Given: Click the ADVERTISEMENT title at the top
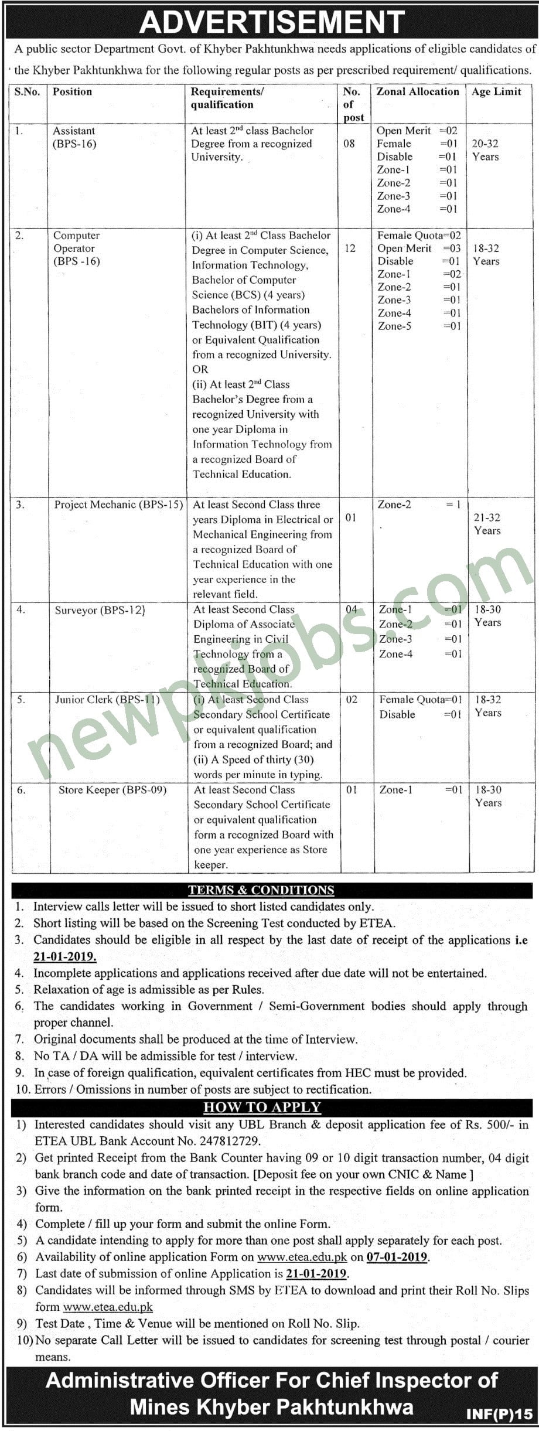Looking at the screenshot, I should (272, 22).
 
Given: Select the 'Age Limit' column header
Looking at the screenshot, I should (496, 91).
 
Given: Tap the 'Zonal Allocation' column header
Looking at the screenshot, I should (418, 91).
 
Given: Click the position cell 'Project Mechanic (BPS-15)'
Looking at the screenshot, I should (119, 505).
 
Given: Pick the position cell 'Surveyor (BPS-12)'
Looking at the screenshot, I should (100, 610).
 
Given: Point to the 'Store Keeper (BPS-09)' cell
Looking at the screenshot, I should (112, 790).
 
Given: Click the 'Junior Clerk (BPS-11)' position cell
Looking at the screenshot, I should (107, 700).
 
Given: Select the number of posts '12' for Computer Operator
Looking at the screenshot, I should (350, 248).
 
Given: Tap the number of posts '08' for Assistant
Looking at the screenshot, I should (349, 144).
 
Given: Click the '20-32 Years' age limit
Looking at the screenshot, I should (486, 150).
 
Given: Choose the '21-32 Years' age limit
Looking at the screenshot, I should (487, 524).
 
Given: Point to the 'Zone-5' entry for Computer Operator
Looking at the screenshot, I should (394, 326).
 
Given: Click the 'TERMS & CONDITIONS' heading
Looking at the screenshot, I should (261, 890).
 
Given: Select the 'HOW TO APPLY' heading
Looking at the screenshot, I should (262, 1107).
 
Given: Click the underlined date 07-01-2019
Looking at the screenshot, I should (397, 1257).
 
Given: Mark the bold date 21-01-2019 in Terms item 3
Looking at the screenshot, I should (65, 956).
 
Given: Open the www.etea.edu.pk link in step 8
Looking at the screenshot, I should (108, 1306).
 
